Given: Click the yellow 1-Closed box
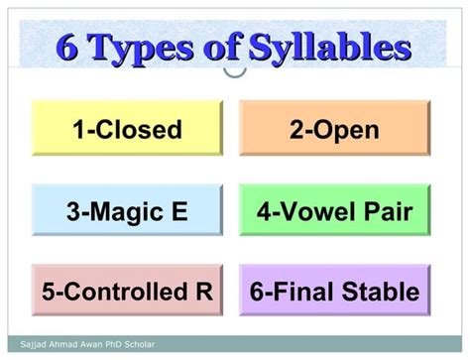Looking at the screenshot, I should coord(126,129).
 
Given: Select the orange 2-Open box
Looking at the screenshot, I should coord(335,129).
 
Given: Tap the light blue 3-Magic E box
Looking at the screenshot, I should coord(126,210).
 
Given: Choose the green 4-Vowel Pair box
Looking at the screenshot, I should coord(335,210).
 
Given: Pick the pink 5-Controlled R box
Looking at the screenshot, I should coord(126,292).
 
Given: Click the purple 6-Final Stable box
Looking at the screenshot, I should coord(335,292).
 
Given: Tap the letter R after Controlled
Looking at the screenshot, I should coord(203,293).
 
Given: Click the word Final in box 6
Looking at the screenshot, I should coord(299,293).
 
